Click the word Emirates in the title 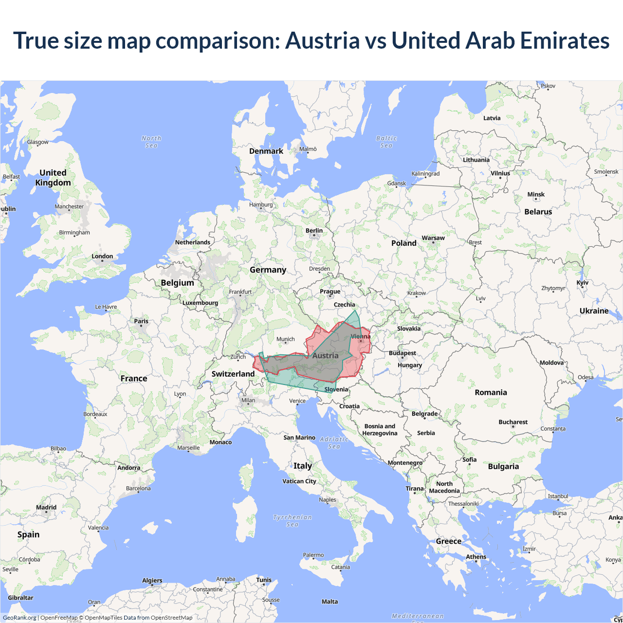[x=565, y=40]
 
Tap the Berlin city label [x=314, y=231]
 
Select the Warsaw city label [x=433, y=238]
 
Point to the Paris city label [x=141, y=321]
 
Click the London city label [x=102, y=257]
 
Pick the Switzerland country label [x=233, y=374]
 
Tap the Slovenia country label [x=336, y=389]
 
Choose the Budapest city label [x=403, y=353]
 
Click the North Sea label [x=151, y=142]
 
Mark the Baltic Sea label [x=386, y=142]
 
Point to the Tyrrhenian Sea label [x=293, y=521]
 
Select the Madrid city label [x=46, y=507]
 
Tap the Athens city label [x=476, y=557]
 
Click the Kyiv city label [x=582, y=283]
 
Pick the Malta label [x=330, y=602]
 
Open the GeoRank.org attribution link [x=19, y=618]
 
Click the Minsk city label [x=536, y=195]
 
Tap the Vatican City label [x=299, y=481]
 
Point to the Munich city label [x=286, y=339]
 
